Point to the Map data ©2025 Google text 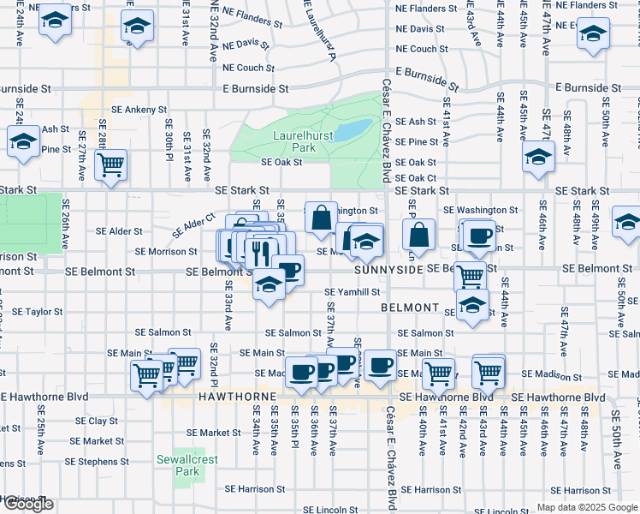587,507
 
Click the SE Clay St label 96,421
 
